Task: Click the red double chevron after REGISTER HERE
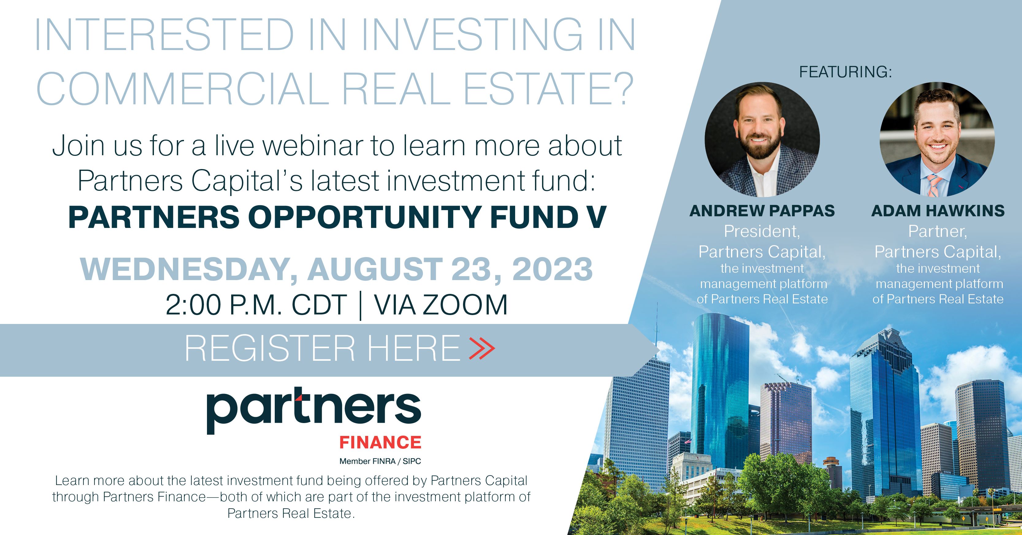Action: pos(482,348)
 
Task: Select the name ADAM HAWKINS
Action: pos(938,211)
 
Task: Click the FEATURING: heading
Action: pos(845,72)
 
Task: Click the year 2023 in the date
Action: pos(552,269)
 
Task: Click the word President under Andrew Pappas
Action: pos(762,231)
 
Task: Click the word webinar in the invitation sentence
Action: pos(313,146)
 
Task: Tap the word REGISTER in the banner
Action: pos(270,348)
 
